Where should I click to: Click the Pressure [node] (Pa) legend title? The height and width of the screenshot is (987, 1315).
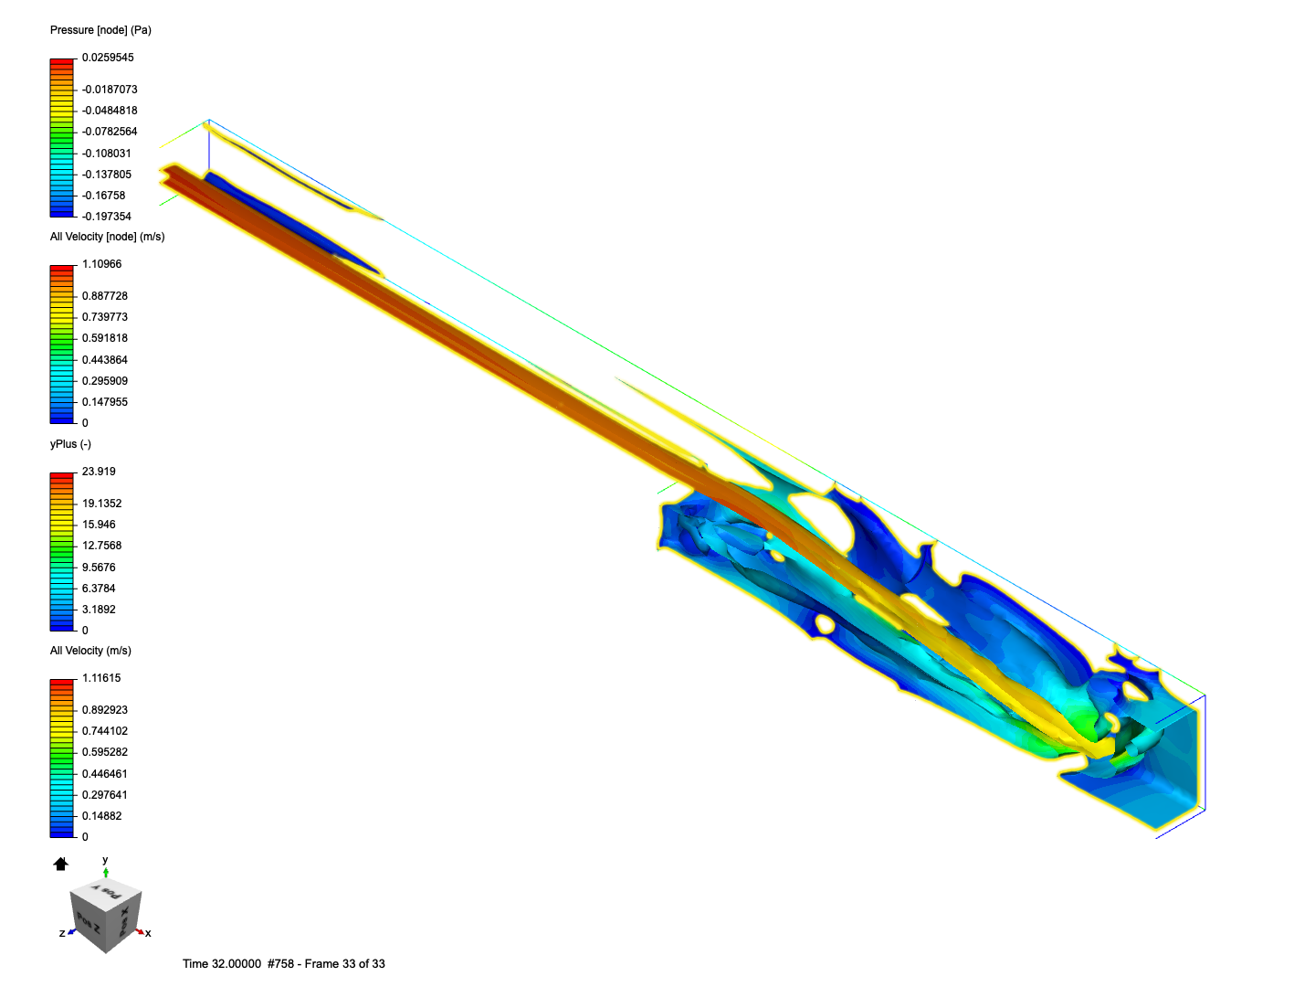(100, 30)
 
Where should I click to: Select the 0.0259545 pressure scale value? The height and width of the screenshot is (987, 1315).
(108, 58)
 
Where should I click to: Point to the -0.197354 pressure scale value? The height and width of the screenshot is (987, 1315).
(107, 217)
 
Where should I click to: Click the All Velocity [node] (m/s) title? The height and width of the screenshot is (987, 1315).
(107, 237)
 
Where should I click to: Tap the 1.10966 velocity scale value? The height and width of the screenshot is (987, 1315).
(101, 264)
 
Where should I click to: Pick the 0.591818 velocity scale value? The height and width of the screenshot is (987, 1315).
(105, 338)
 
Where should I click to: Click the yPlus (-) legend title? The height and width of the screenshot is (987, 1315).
(70, 444)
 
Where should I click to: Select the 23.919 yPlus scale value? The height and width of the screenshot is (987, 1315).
(99, 472)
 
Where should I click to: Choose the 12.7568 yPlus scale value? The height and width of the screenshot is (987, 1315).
(101, 546)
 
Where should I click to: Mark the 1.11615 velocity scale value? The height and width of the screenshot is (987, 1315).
(101, 678)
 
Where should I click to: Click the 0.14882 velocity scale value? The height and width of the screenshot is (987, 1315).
(101, 816)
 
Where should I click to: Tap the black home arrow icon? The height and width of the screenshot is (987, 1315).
(61, 864)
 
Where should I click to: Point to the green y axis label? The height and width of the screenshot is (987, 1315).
(105, 860)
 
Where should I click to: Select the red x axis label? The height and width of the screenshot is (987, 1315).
(148, 933)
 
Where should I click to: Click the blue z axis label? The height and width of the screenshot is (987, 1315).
(62, 933)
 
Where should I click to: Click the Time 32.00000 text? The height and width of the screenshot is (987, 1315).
(221, 964)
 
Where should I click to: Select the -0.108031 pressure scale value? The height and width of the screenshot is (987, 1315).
(107, 154)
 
